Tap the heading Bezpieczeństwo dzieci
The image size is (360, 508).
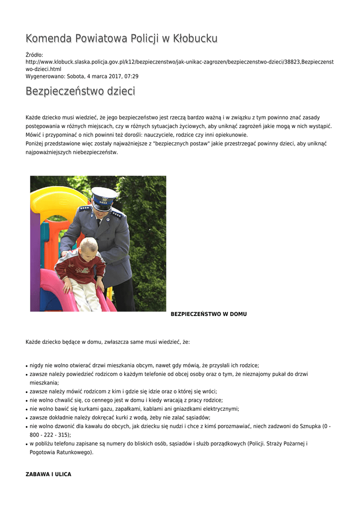tap(80, 91)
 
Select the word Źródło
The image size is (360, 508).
tap(34, 55)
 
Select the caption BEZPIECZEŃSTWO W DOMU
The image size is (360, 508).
tap(209, 314)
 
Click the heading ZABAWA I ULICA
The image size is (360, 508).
tap(48, 474)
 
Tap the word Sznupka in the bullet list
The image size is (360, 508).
tap(309, 426)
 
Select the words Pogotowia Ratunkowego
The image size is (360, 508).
tap(61, 452)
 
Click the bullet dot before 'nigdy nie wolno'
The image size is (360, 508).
tap(26, 365)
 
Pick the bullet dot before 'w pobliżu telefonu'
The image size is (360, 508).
tap(26, 444)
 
